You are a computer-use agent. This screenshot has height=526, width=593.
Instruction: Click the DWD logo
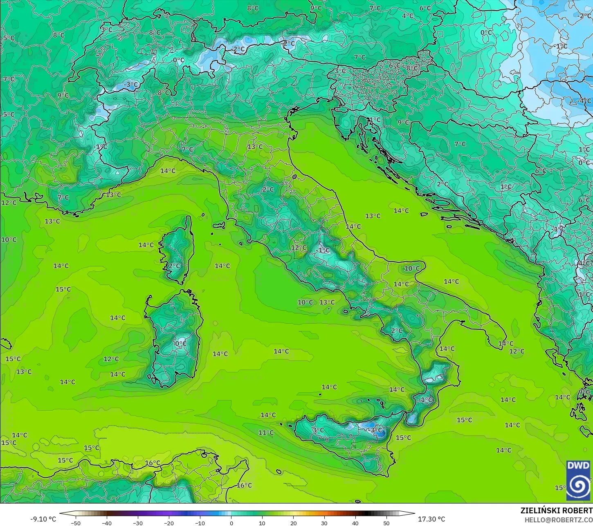[x=578, y=480]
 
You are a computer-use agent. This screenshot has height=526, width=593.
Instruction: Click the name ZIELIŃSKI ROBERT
[x=556, y=511]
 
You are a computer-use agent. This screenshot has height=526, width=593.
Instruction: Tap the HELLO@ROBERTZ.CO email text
[x=559, y=519]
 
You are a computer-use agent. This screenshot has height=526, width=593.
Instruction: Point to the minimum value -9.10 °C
[x=43, y=519]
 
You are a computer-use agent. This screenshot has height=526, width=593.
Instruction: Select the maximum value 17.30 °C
[x=431, y=519]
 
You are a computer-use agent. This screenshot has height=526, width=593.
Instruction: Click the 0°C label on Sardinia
[x=180, y=343]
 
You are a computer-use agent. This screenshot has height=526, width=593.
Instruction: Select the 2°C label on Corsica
[x=174, y=266]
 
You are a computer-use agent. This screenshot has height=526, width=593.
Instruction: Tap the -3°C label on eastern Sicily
[x=375, y=430]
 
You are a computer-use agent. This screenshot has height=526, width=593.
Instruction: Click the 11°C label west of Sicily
[x=266, y=433]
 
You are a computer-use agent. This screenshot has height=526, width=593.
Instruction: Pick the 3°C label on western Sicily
[x=318, y=430]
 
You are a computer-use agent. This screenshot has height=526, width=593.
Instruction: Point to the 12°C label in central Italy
[x=299, y=248]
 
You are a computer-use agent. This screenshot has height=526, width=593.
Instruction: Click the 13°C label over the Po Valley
[x=255, y=147]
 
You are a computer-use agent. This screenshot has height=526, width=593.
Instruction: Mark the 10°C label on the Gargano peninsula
[x=412, y=269]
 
